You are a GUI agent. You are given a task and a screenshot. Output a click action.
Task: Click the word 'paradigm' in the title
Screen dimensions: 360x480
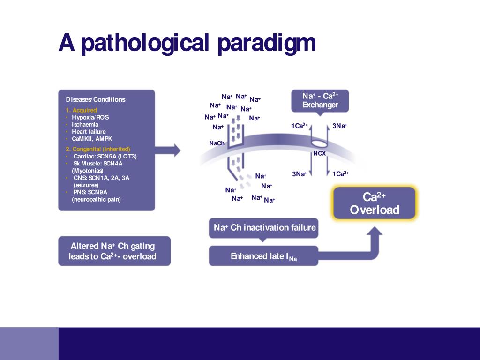coord(267,43)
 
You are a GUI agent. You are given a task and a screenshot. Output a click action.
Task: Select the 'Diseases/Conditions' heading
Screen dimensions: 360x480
coord(96,99)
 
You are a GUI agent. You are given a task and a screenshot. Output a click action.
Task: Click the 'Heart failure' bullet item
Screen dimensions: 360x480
coord(89,132)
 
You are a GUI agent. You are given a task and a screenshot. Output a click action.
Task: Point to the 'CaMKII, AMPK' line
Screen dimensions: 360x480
coord(92,139)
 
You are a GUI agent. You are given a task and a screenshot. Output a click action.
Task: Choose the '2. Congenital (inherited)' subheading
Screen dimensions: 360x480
coord(98,149)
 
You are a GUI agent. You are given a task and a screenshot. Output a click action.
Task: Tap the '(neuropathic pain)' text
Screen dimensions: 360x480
coord(96,199)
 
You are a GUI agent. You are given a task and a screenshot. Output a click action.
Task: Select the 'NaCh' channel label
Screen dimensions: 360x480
coord(217,143)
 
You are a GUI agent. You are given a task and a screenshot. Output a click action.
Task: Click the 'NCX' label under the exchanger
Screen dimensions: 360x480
coord(319,153)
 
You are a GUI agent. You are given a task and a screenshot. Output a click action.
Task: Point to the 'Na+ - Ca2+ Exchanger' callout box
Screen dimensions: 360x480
coord(320,100)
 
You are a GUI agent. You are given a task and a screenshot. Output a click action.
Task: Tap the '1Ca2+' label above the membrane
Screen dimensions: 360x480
coord(300,126)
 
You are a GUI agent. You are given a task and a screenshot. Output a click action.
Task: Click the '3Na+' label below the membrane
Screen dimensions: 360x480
coord(300,174)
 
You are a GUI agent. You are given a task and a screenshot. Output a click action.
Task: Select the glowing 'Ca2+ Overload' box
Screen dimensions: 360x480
coord(374,203)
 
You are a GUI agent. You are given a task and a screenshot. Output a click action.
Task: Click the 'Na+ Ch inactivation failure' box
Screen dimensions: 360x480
coord(264,228)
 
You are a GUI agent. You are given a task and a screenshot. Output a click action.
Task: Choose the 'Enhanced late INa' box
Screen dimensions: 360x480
coord(263,256)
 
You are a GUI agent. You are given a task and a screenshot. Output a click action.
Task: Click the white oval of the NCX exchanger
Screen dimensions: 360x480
coord(320,142)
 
